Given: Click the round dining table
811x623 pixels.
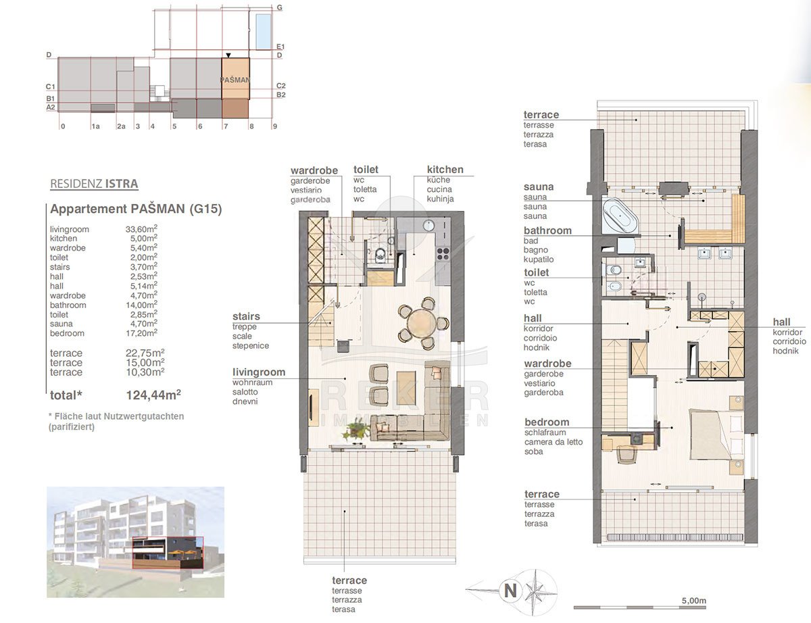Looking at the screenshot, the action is [422, 323].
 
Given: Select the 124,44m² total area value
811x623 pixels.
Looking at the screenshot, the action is [153, 395].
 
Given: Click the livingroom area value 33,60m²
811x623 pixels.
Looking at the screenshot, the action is [141, 228].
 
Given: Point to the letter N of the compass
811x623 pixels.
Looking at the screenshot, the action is [510, 591].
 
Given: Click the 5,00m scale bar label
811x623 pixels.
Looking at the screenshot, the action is [694, 601].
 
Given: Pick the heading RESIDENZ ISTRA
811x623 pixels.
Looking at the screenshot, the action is [94, 184].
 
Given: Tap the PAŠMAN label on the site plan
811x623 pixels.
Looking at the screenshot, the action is [235, 80].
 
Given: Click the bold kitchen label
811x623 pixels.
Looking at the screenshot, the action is [445, 170].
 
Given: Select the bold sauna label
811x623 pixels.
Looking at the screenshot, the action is [538, 186].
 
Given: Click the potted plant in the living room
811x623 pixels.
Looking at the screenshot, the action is [355, 428].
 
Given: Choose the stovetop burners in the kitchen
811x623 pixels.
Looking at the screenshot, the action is [443, 253].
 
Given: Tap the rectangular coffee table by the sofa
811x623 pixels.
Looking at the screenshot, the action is [406, 387].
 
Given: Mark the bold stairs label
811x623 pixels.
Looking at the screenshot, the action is [246, 316].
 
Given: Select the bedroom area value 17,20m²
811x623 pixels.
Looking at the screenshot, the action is [141, 332].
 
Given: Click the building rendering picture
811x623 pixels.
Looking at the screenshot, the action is [135, 542].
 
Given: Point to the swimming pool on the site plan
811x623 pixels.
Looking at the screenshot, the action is [263, 31].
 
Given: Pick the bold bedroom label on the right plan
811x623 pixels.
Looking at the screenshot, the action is [547, 422].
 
